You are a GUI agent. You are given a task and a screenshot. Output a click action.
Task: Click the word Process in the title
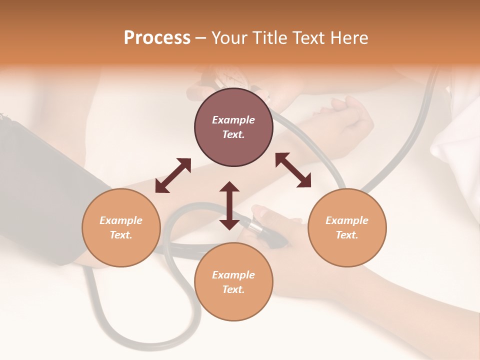[157, 38]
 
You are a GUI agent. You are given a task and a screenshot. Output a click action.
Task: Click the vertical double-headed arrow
[229, 205]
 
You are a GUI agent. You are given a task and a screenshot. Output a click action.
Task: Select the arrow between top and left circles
[173, 175]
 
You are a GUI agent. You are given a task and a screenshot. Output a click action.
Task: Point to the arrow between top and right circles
[293, 170]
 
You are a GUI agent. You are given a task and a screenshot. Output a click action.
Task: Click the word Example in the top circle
[233, 120]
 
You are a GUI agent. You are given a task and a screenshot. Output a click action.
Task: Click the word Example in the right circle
[347, 220]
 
